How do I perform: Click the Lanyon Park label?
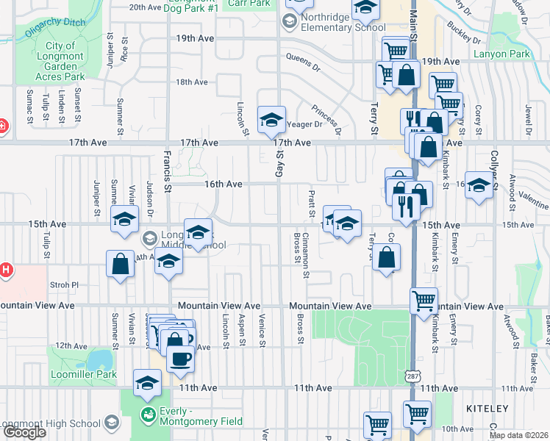point(523,54)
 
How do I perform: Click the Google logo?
point(24,432)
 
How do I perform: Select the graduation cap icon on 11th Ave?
point(147,384)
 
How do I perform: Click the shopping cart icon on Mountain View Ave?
point(424,300)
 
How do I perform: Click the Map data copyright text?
point(518,435)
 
